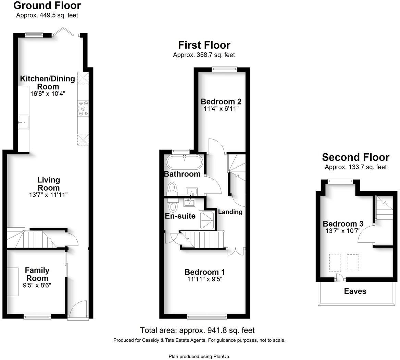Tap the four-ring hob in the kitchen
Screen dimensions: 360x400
(83, 108)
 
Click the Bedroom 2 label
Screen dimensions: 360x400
(221, 101)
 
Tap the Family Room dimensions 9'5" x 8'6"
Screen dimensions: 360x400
(38, 285)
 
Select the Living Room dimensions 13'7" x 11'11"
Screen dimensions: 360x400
(48, 195)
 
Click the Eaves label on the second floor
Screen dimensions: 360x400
(355, 291)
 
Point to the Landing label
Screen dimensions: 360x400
(230, 212)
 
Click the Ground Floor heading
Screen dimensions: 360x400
(47, 5)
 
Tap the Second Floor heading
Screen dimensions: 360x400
(355, 157)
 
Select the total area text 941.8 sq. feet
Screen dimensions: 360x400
(197, 330)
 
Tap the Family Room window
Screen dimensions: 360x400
(37, 316)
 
